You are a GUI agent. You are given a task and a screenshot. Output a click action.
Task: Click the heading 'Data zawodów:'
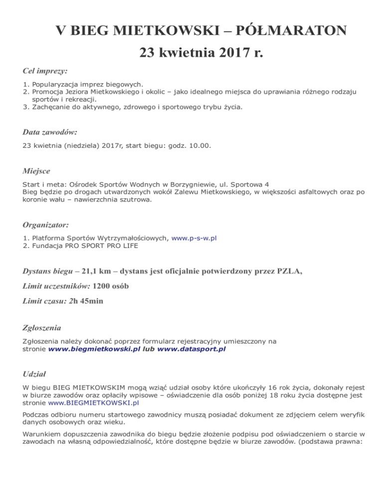pyautogui.click(x=50, y=132)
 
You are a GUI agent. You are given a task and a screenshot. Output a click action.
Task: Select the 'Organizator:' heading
pyautogui.click(x=45, y=225)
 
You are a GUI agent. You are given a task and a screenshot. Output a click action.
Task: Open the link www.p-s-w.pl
pyautogui.click(x=193, y=238)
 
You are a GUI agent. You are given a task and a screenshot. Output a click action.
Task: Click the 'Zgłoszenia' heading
pyautogui.click(x=42, y=328)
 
